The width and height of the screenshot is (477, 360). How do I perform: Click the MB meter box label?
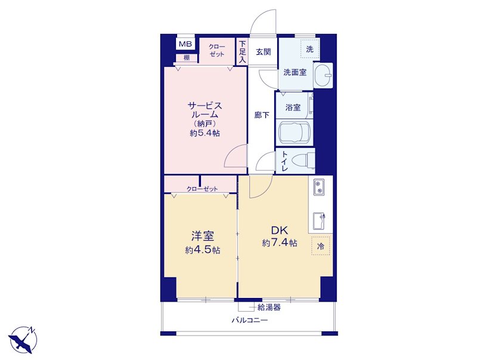click(x=185, y=44)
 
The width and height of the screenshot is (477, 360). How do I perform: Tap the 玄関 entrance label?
click(x=263, y=52)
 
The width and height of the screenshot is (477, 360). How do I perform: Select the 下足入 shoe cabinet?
click(x=242, y=52)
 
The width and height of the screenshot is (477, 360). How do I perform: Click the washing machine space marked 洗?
click(x=309, y=49)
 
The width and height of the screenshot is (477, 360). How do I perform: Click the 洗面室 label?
click(x=295, y=72)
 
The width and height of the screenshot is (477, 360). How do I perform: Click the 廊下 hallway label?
click(x=262, y=115)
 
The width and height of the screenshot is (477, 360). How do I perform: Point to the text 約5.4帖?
click(x=205, y=133)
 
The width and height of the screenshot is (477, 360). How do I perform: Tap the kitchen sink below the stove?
click(x=319, y=221)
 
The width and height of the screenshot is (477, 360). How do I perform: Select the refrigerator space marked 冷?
click(x=321, y=246)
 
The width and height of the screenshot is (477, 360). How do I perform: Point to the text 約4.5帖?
click(x=203, y=250)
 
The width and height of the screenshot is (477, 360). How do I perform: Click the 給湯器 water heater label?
click(x=269, y=308)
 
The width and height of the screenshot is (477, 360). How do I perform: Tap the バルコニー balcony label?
click(x=250, y=320)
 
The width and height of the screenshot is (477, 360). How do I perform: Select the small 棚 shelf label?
click(x=187, y=58)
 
